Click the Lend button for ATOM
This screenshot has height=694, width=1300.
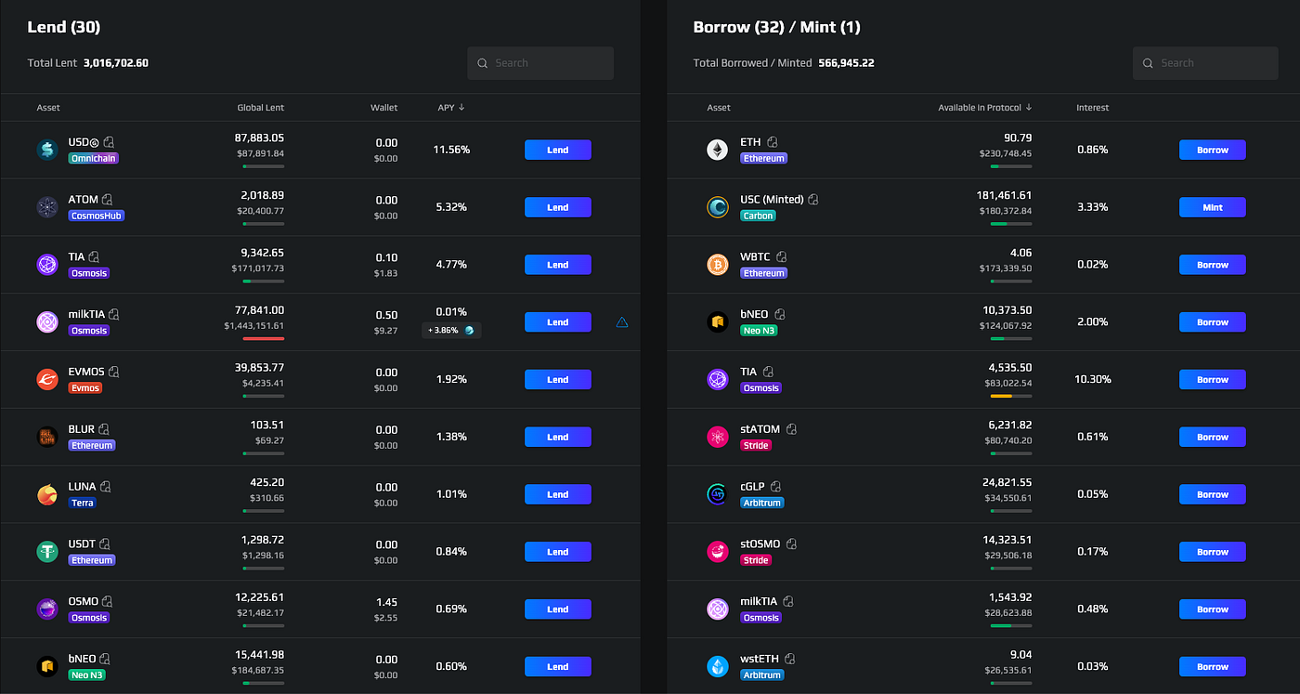point(558,207)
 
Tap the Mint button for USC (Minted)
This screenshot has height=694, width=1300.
point(1213,207)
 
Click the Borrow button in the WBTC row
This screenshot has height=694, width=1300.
point(1213,265)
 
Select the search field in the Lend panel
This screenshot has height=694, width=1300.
point(540,63)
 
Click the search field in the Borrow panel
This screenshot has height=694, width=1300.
point(1205,63)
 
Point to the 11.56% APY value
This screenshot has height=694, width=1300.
point(451,150)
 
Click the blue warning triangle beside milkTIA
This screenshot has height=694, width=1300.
point(622,322)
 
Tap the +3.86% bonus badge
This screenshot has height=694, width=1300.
point(451,331)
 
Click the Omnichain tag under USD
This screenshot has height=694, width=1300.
point(94,158)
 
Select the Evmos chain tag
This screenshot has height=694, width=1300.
point(85,388)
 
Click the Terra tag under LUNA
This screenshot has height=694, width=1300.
point(83,503)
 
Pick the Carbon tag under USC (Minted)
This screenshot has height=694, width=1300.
point(758,216)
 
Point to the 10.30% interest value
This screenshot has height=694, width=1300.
point(1093,379)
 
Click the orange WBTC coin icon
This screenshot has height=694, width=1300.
point(718,265)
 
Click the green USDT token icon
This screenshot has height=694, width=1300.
point(47,552)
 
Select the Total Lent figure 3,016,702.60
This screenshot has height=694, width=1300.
point(116,63)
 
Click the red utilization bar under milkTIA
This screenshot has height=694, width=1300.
point(264,338)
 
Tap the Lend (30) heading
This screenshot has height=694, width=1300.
point(64,27)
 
